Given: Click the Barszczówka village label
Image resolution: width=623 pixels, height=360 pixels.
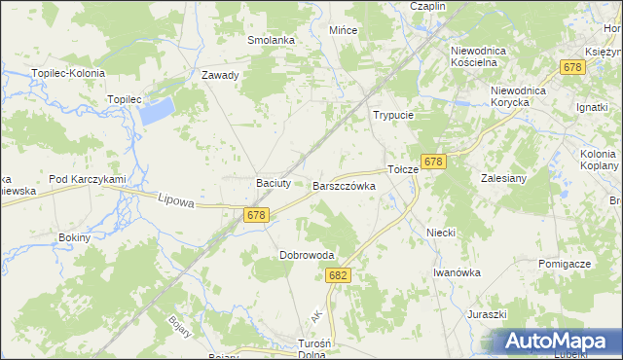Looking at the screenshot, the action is [344, 185].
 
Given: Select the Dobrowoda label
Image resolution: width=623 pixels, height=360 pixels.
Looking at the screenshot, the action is [307, 255].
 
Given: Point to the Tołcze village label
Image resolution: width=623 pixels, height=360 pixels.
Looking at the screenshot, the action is [403, 168].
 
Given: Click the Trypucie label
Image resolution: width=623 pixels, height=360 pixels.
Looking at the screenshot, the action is [394, 115].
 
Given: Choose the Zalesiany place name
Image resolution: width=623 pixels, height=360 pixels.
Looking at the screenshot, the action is [503, 178].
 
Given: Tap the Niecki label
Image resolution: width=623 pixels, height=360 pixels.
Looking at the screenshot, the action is [441, 234].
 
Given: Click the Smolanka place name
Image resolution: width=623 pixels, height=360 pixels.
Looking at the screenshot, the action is [271, 40].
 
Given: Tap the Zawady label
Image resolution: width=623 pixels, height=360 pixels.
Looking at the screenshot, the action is [220, 75].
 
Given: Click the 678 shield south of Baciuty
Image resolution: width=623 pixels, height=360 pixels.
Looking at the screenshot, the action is [256, 215].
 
